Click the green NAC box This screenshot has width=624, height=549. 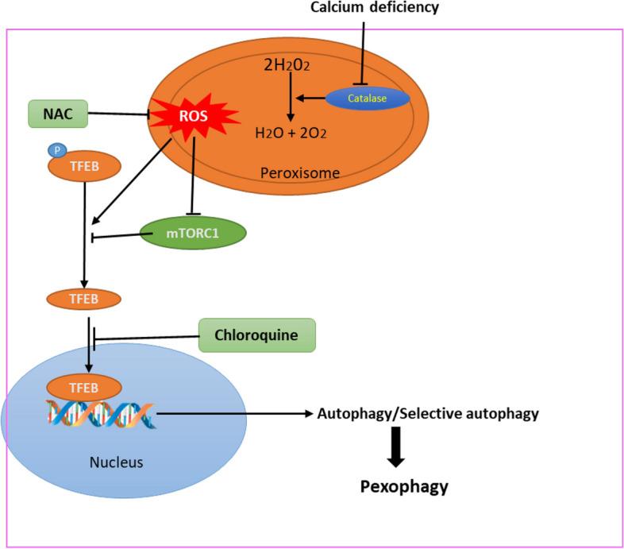[x=57, y=114]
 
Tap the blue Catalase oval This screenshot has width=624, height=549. [x=368, y=98]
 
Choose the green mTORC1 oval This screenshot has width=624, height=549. [x=192, y=233]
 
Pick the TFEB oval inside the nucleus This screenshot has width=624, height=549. [x=84, y=387]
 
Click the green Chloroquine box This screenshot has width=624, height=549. [x=256, y=335]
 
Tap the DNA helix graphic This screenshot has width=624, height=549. [x=102, y=413]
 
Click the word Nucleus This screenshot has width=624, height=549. [x=116, y=461]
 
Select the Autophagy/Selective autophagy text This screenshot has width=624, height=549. [x=428, y=413]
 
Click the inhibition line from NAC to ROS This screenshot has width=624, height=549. [x=119, y=114]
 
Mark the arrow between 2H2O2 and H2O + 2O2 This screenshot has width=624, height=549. [x=291, y=99]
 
